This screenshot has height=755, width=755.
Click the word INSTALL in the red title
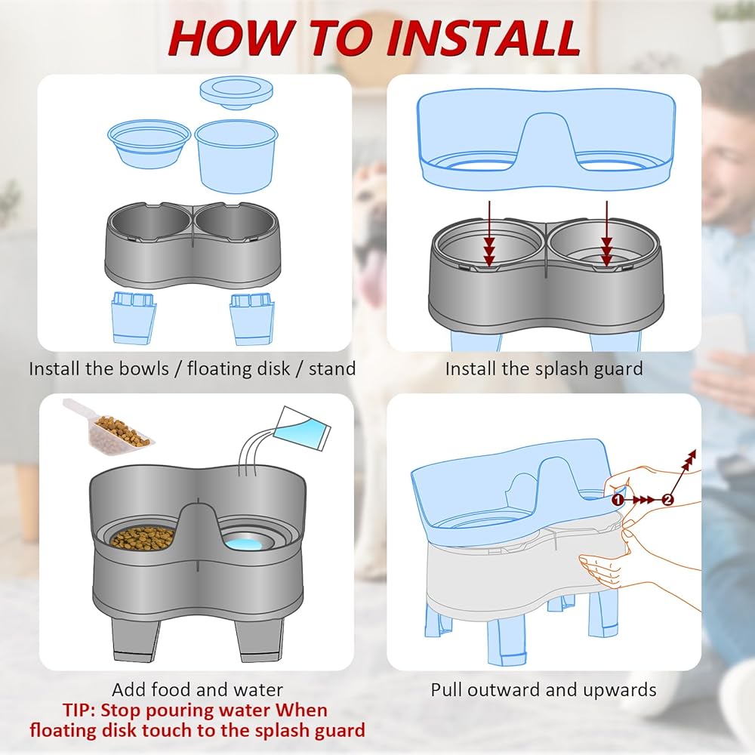[483, 38]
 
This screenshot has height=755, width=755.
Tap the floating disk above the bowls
[236, 93]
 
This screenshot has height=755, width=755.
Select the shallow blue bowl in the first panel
[149, 143]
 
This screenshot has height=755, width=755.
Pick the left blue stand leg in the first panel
[134, 318]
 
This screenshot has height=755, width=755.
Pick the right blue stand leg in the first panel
[252, 319]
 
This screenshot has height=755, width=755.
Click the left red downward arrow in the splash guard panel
[489, 233]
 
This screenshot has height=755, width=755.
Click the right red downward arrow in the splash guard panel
[607, 233]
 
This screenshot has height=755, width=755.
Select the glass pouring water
[302, 427]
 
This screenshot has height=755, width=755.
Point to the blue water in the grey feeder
[244, 544]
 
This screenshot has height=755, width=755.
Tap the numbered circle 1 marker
[618, 500]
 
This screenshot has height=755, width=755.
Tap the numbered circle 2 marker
[667, 500]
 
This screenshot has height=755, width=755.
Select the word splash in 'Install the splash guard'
[562, 369]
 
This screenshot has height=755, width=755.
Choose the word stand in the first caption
[332, 369]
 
